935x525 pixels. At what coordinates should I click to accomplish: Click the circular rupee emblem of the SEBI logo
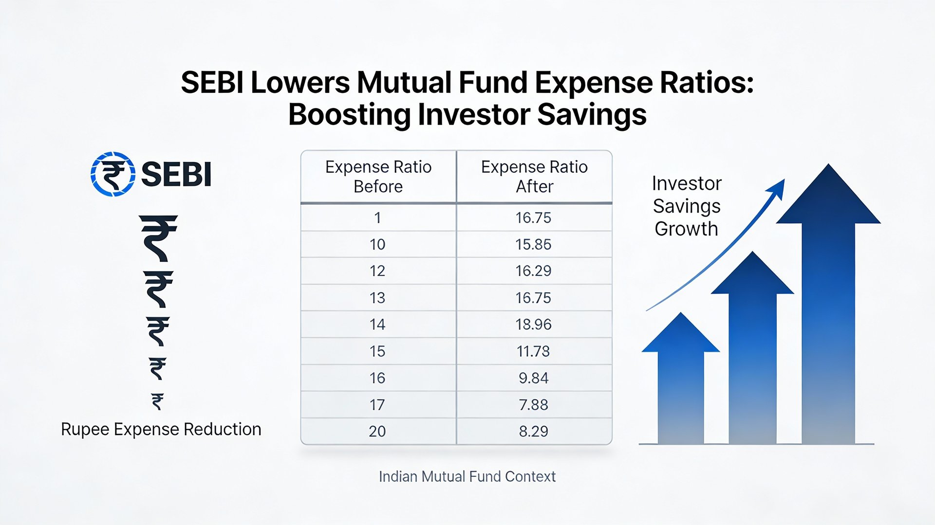113,174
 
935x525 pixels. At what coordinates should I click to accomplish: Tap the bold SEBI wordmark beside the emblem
176,174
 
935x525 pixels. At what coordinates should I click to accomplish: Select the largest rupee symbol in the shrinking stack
158,238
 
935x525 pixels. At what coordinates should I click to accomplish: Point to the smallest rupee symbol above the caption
157,401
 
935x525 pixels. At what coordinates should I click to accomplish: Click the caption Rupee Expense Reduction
161,429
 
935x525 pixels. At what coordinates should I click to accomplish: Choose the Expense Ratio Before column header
378,177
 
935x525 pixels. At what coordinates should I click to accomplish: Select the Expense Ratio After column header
534,177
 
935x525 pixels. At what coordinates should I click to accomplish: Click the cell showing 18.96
533,325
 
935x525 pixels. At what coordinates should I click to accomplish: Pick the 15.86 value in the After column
533,244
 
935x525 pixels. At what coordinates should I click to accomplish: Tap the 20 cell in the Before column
377,431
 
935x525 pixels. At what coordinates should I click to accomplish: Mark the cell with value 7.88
533,404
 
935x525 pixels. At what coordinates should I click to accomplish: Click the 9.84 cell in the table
533,378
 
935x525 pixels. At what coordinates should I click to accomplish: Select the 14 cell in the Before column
377,325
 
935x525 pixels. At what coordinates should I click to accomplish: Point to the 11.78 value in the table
533,351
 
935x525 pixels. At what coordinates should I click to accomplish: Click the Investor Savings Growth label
686,206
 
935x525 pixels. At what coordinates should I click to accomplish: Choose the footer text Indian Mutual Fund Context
467,476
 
